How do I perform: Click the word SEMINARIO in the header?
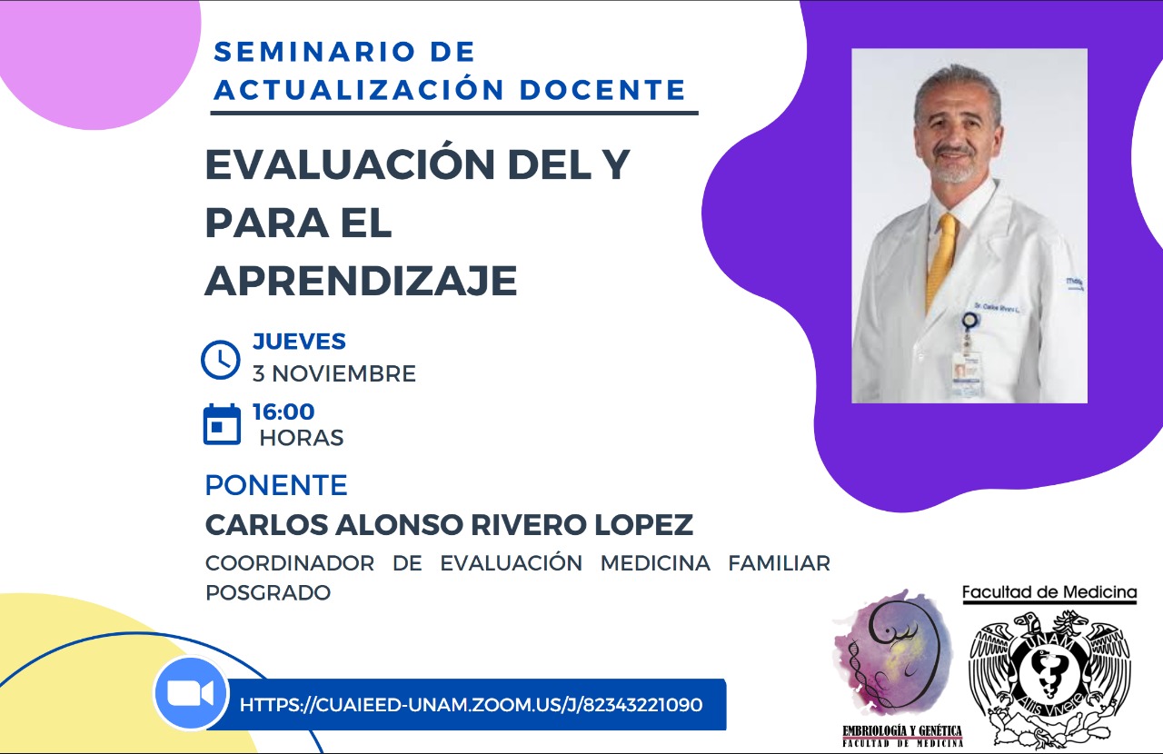pos(314,52)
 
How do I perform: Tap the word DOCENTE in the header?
pos(602,89)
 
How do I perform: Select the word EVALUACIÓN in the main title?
pos(349,164)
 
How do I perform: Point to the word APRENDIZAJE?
pos(362,281)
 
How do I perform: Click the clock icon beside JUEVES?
pos(221,360)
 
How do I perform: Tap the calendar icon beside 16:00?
pos(222,424)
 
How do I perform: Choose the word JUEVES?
pos(299,342)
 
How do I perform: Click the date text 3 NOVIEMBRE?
pos(334,373)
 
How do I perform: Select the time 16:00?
pos(283,412)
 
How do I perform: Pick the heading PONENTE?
pos(276,485)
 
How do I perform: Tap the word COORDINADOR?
pos(290,563)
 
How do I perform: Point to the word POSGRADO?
pos(268,592)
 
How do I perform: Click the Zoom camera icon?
pos(191,693)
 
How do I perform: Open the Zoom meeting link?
pos(471,705)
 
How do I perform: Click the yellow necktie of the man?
pos(942,260)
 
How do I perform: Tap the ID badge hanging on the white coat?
pos(966,372)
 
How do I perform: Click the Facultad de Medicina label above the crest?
pos(1049,592)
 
